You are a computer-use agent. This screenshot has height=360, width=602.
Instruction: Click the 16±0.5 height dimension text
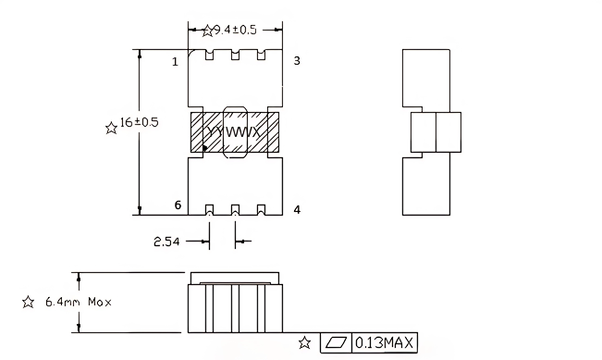pyautogui.click(x=140, y=124)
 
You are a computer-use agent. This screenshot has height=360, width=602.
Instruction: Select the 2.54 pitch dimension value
pyautogui.click(x=167, y=242)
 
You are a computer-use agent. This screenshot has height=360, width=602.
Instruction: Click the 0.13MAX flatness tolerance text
pyautogui.click(x=385, y=343)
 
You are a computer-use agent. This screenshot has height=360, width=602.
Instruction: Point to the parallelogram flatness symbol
pyautogui.click(x=337, y=343)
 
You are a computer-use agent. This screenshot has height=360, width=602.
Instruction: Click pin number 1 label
pyautogui.click(x=174, y=62)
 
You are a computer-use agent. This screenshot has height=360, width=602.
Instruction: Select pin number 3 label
pyautogui.click(x=297, y=61)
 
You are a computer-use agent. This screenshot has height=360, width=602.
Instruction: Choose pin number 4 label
pyautogui.click(x=297, y=210)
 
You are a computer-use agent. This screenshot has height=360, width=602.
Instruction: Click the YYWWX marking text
pyautogui.click(x=235, y=133)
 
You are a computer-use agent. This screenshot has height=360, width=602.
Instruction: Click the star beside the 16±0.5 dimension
pyautogui.click(x=112, y=129)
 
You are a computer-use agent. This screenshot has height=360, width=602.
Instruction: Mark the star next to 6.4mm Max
pyautogui.click(x=28, y=302)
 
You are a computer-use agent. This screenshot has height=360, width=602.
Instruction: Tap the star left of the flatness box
pyautogui.click(x=304, y=343)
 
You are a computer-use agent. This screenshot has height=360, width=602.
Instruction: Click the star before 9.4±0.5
pyautogui.click(x=207, y=31)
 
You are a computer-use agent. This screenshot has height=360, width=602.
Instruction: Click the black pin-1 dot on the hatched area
pyautogui.click(x=204, y=147)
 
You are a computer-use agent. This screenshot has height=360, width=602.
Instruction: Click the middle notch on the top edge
pyautogui.click(x=235, y=56)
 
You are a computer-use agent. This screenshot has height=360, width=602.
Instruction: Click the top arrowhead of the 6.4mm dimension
pyautogui.click(x=79, y=276)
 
